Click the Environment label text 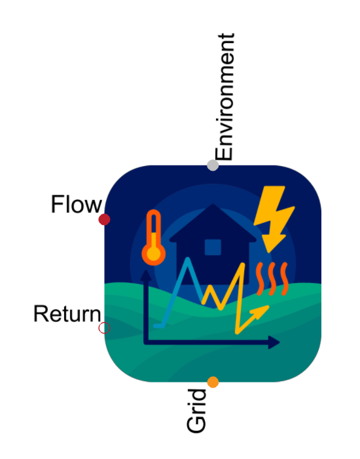(225, 97)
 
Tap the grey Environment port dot (213, 165)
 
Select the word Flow (77, 204)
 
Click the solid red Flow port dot (104, 219)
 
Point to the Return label (67, 314)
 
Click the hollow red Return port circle (104, 328)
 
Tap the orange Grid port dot (213, 382)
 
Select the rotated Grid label (196, 411)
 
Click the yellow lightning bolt (274, 219)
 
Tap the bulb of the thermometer (153, 254)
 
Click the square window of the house (213, 247)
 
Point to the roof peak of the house (213, 204)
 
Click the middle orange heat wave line (272, 279)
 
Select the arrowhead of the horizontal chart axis (274, 342)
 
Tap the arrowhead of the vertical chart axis (146, 276)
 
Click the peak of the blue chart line (188, 259)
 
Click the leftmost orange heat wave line (259, 279)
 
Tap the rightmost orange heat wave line (284, 279)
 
